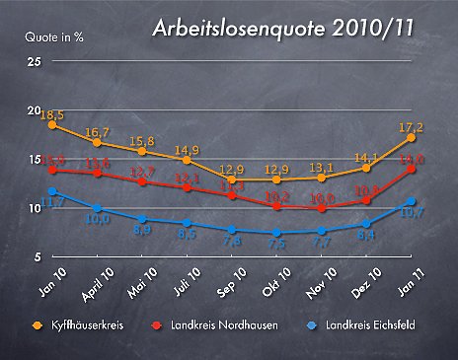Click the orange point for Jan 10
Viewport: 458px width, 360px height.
51,125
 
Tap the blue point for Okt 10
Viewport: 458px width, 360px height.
276,233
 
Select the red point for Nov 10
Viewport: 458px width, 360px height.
322,208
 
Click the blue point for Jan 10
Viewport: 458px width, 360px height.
51,191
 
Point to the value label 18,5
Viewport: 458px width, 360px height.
52,114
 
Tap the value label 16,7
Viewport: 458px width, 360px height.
97,132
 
